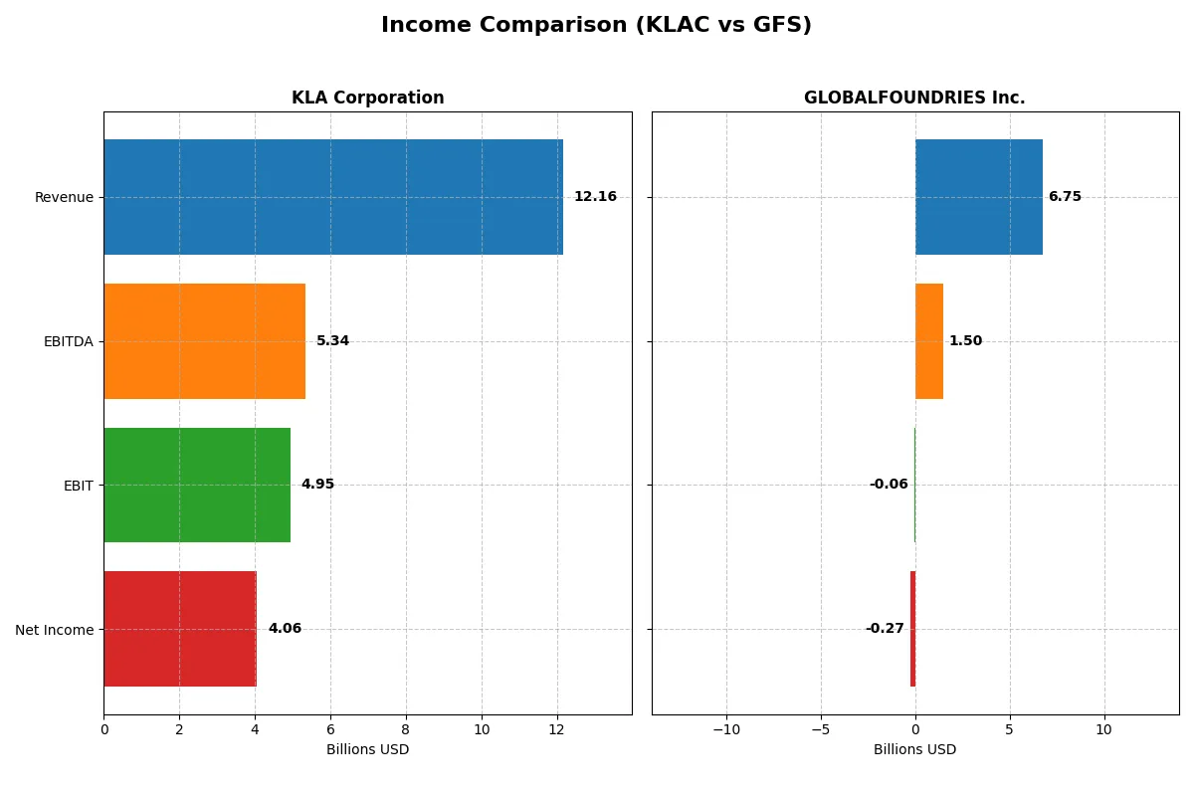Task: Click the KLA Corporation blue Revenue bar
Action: coord(333,197)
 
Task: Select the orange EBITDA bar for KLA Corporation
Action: coord(204,341)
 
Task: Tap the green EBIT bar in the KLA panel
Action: coord(197,485)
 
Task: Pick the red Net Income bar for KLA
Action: coord(180,629)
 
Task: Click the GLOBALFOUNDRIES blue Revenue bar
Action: coord(979,197)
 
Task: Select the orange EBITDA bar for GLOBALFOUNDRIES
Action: coord(929,341)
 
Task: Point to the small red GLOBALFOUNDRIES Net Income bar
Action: coord(912,629)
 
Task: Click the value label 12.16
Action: coord(595,197)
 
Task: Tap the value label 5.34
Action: coord(332,341)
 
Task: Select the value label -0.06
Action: coord(889,485)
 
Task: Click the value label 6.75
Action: coord(1065,197)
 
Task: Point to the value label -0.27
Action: coord(885,629)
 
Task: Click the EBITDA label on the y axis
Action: coord(68,341)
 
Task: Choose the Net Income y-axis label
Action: coord(55,629)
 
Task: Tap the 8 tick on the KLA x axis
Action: coord(406,729)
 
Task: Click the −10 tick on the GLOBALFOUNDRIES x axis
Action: coord(726,729)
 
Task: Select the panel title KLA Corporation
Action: coord(367,98)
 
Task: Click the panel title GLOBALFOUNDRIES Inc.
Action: coord(914,98)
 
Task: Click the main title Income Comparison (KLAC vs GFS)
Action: coord(596,26)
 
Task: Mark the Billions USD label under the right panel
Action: coord(914,749)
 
